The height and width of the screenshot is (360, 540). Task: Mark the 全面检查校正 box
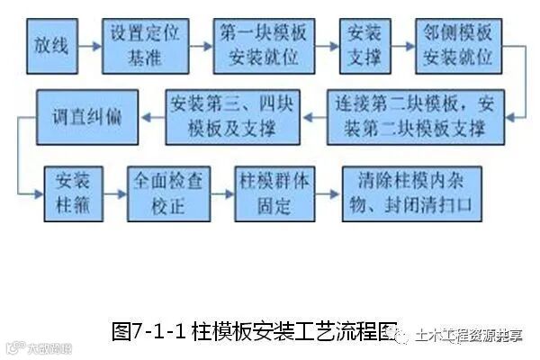pos(165,192)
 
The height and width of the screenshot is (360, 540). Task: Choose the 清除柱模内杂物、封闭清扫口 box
pos(409,192)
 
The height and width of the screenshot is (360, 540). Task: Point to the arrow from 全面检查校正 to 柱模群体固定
pos(220,192)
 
